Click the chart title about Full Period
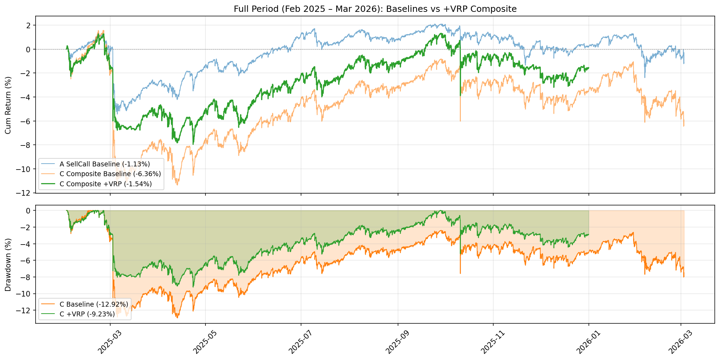(x=375, y=9)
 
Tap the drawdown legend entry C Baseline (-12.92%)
(x=93, y=304)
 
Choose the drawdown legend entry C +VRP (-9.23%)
(x=87, y=314)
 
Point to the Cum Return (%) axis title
(x=8, y=105)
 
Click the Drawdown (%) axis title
(x=8, y=265)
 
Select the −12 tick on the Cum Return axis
(x=24, y=193)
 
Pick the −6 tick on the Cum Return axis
(x=26, y=121)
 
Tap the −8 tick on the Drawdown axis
(x=26, y=277)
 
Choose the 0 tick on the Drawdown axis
(x=28, y=210)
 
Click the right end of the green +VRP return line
(x=589, y=68)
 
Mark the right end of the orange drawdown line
(x=684, y=277)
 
